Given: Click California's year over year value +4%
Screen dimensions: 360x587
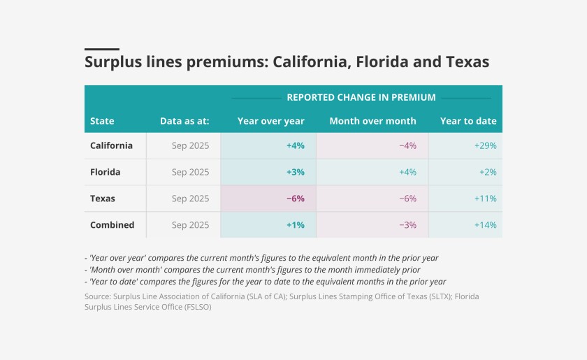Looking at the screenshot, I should pos(295,145).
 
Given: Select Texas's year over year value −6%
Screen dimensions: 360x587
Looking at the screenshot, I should pos(295,199).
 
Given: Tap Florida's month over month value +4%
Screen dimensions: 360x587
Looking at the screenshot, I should pos(407,172).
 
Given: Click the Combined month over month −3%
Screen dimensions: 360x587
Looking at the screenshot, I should pos(407,225).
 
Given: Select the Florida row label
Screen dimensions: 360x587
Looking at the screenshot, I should pos(106,172).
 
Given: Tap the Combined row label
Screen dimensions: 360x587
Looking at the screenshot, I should pos(112,225).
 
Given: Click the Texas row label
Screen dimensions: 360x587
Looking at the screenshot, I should pos(103,199).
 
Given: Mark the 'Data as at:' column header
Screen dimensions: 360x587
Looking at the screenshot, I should pos(184,121).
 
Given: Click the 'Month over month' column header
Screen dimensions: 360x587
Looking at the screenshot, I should pos(372,121).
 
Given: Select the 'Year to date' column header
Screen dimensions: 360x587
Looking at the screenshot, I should pos(468,121).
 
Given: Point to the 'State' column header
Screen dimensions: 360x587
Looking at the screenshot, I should pos(102,121).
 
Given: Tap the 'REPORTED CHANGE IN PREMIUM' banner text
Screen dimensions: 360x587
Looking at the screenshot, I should pos(361,97).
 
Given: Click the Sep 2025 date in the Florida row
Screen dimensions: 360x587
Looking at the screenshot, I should pos(190,172).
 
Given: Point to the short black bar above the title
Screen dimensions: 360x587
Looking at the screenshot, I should pos(102,49).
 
